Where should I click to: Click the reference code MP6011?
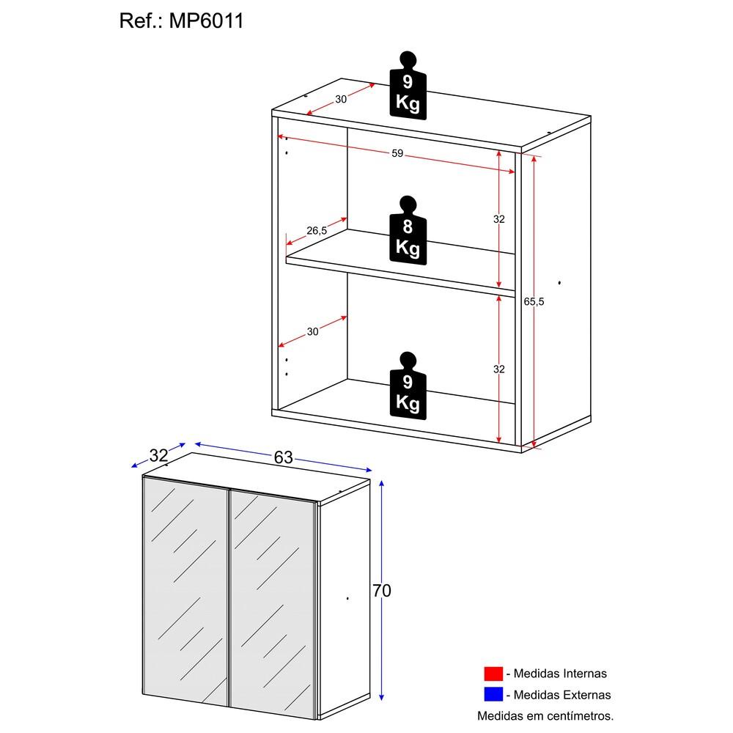point(207,21)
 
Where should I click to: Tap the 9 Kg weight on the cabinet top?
point(408,85)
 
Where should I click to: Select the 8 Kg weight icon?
point(408,229)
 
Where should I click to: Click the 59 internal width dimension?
point(397,154)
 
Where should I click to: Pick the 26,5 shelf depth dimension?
point(317,231)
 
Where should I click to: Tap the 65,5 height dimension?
point(535,301)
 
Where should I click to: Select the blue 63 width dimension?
point(283,457)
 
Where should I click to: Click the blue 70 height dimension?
point(382,591)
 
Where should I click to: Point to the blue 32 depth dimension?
point(158,455)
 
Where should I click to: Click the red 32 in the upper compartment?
point(499,219)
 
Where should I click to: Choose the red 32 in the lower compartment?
point(499,369)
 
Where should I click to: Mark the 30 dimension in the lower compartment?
point(313,332)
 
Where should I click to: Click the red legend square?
point(493,674)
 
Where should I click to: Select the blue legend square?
point(493,694)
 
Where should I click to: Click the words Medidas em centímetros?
point(545,715)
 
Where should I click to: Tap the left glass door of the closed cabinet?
point(186,594)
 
